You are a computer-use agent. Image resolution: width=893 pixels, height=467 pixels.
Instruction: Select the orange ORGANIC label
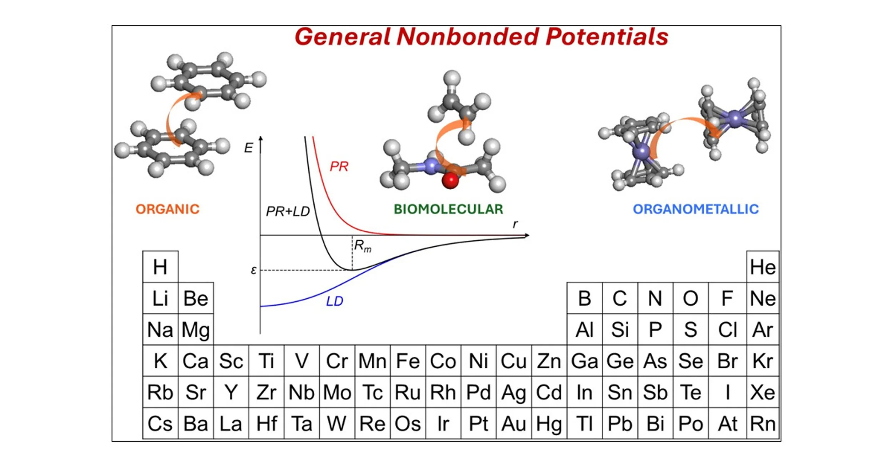(168, 209)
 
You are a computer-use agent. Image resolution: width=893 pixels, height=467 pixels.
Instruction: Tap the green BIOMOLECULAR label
(448, 209)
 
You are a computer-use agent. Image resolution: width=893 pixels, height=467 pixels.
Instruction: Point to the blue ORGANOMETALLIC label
(695, 209)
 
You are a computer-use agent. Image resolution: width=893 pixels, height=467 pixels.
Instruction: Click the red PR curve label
(339, 166)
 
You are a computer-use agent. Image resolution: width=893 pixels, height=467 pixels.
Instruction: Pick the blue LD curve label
(334, 301)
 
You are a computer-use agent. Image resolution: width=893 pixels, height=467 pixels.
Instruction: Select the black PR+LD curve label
(288, 212)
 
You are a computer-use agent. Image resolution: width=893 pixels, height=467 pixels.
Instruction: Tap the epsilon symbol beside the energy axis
(254, 270)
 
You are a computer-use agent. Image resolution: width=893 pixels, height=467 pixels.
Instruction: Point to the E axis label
(248, 148)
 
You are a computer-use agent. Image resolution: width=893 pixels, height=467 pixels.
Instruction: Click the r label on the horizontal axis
(515, 224)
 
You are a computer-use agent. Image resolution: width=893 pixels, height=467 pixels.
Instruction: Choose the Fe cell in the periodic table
(408, 361)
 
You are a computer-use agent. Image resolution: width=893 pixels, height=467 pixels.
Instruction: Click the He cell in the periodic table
(763, 267)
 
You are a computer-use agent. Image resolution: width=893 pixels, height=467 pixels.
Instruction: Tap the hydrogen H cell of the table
(160, 267)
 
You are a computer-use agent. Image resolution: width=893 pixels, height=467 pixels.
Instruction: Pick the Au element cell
(514, 424)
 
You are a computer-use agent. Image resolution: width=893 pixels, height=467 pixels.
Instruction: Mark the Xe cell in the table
(763, 392)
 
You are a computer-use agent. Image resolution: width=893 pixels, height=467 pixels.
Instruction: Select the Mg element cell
(195, 330)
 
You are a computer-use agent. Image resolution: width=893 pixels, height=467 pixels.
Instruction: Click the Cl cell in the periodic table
(727, 330)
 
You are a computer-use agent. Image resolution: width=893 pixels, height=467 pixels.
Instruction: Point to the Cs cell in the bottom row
(160, 424)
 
